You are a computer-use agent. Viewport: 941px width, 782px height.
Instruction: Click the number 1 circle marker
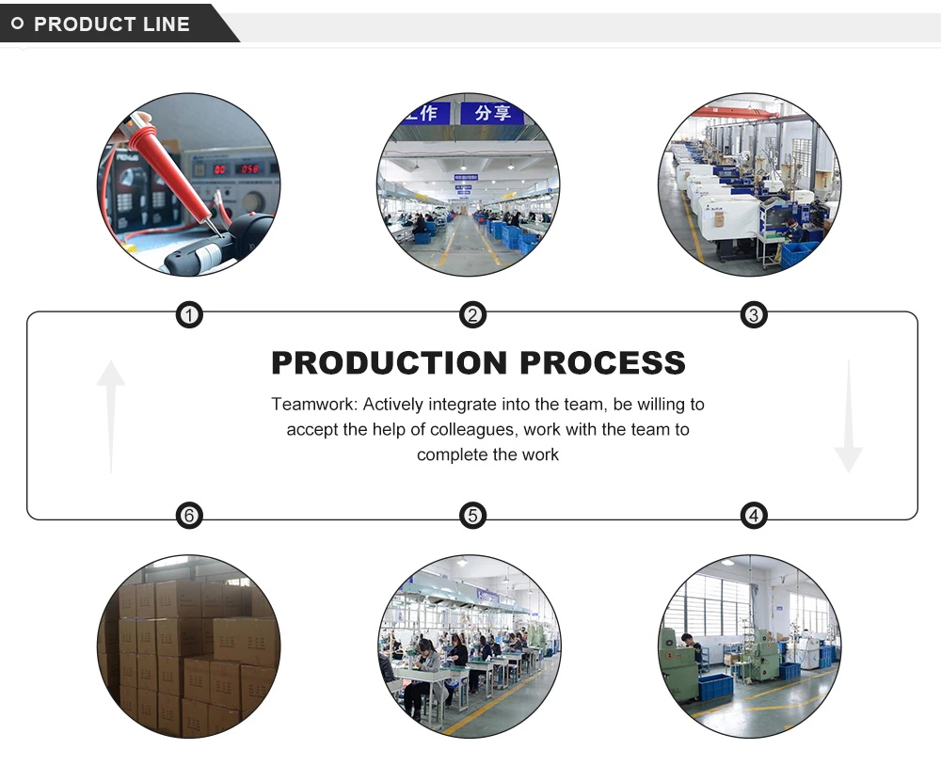pos(190,315)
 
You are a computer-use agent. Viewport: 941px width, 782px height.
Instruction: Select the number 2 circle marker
pos(472,315)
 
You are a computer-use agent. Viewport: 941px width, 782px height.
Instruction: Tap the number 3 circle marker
pos(753,315)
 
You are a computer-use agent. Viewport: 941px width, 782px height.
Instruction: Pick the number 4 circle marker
pos(753,515)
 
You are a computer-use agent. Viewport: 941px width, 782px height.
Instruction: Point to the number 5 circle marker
pos(472,515)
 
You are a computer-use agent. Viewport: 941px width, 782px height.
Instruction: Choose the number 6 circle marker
pos(190,515)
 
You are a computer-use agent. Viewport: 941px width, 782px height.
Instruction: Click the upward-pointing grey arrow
pos(111,414)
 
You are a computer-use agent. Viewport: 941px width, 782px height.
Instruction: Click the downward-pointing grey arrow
pos(848,414)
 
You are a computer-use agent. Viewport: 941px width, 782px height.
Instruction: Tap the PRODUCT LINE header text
pos(112,24)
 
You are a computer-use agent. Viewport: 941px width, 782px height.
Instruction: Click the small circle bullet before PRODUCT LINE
pos(17,24)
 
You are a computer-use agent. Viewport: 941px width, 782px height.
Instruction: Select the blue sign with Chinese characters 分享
pos(492,113)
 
